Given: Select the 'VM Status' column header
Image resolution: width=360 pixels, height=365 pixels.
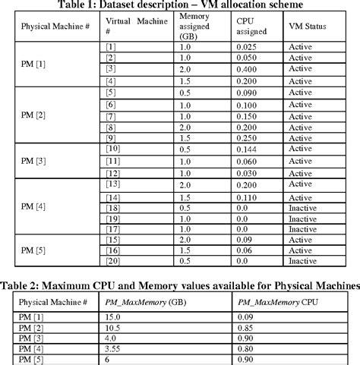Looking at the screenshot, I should [x=308, y=26].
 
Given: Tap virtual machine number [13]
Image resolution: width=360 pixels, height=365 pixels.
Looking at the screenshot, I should [x=112, y=184].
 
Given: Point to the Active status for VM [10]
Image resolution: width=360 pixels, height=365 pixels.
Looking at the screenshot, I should [x=300, y=150].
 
